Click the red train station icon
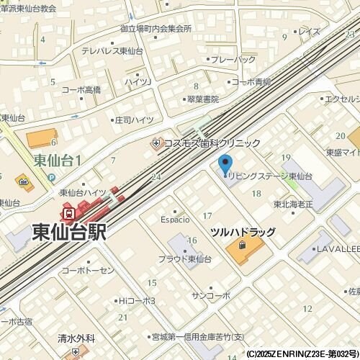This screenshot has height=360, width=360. tap(68, 213)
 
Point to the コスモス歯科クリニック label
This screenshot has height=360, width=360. tap(212, 143)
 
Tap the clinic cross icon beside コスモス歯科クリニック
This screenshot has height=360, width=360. tap(156, 143)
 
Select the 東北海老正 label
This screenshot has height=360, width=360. tap(293, 204)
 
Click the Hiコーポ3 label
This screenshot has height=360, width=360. tap(137, 300)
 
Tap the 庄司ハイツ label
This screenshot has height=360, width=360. tap(134, 120)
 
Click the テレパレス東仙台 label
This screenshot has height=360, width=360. tap(112, 50)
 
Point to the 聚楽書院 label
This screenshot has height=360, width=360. tap(202, 99)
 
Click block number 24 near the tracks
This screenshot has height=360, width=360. tap(156, 176)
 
